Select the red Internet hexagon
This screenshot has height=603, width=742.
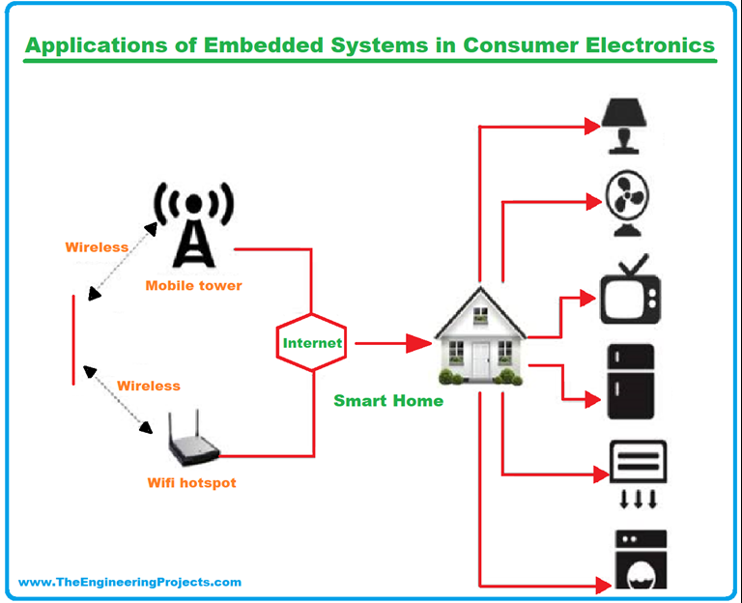tap(311, 343)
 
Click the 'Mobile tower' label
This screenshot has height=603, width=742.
tap(193, 286)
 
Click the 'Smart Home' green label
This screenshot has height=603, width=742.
tap(388, 400)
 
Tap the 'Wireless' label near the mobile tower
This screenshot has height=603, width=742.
tap(97, 247)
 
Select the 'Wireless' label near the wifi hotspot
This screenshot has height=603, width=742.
tap(149, 386)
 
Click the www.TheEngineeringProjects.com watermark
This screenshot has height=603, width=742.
tap(129, 582)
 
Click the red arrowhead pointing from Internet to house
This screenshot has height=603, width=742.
tap(418, 343)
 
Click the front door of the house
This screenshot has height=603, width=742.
tap(480, 359)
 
